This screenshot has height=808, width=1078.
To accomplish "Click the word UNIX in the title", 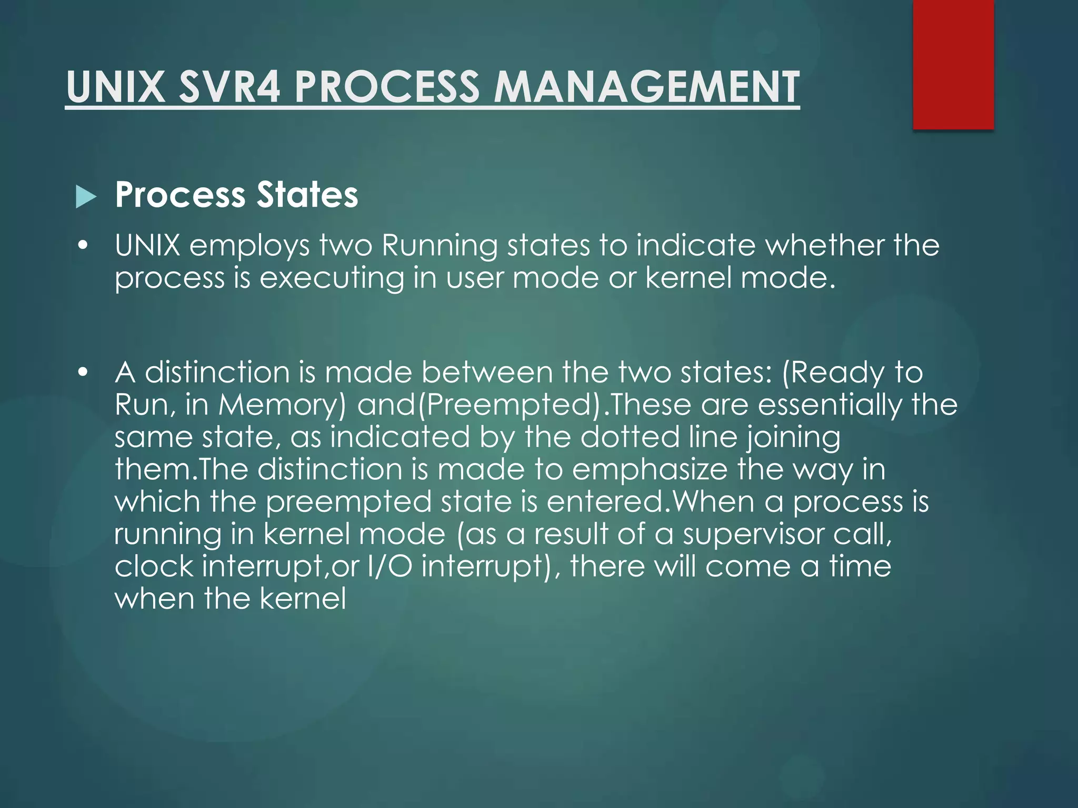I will tap(116, 87).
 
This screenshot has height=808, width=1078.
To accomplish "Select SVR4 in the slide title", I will tap(229, 87).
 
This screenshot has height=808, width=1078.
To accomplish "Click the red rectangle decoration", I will tap(953, 64).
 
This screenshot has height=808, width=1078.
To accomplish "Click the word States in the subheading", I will tap(307, 195).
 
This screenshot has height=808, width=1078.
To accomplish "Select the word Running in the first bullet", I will tap(440, 246).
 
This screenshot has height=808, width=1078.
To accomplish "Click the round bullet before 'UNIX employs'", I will tap(82, 246).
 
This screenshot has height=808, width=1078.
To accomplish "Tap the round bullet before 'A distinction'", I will tap(82, 372).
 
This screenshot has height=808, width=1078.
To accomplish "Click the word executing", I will tap(332, 278).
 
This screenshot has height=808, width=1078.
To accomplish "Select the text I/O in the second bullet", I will tap(390, 567).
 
